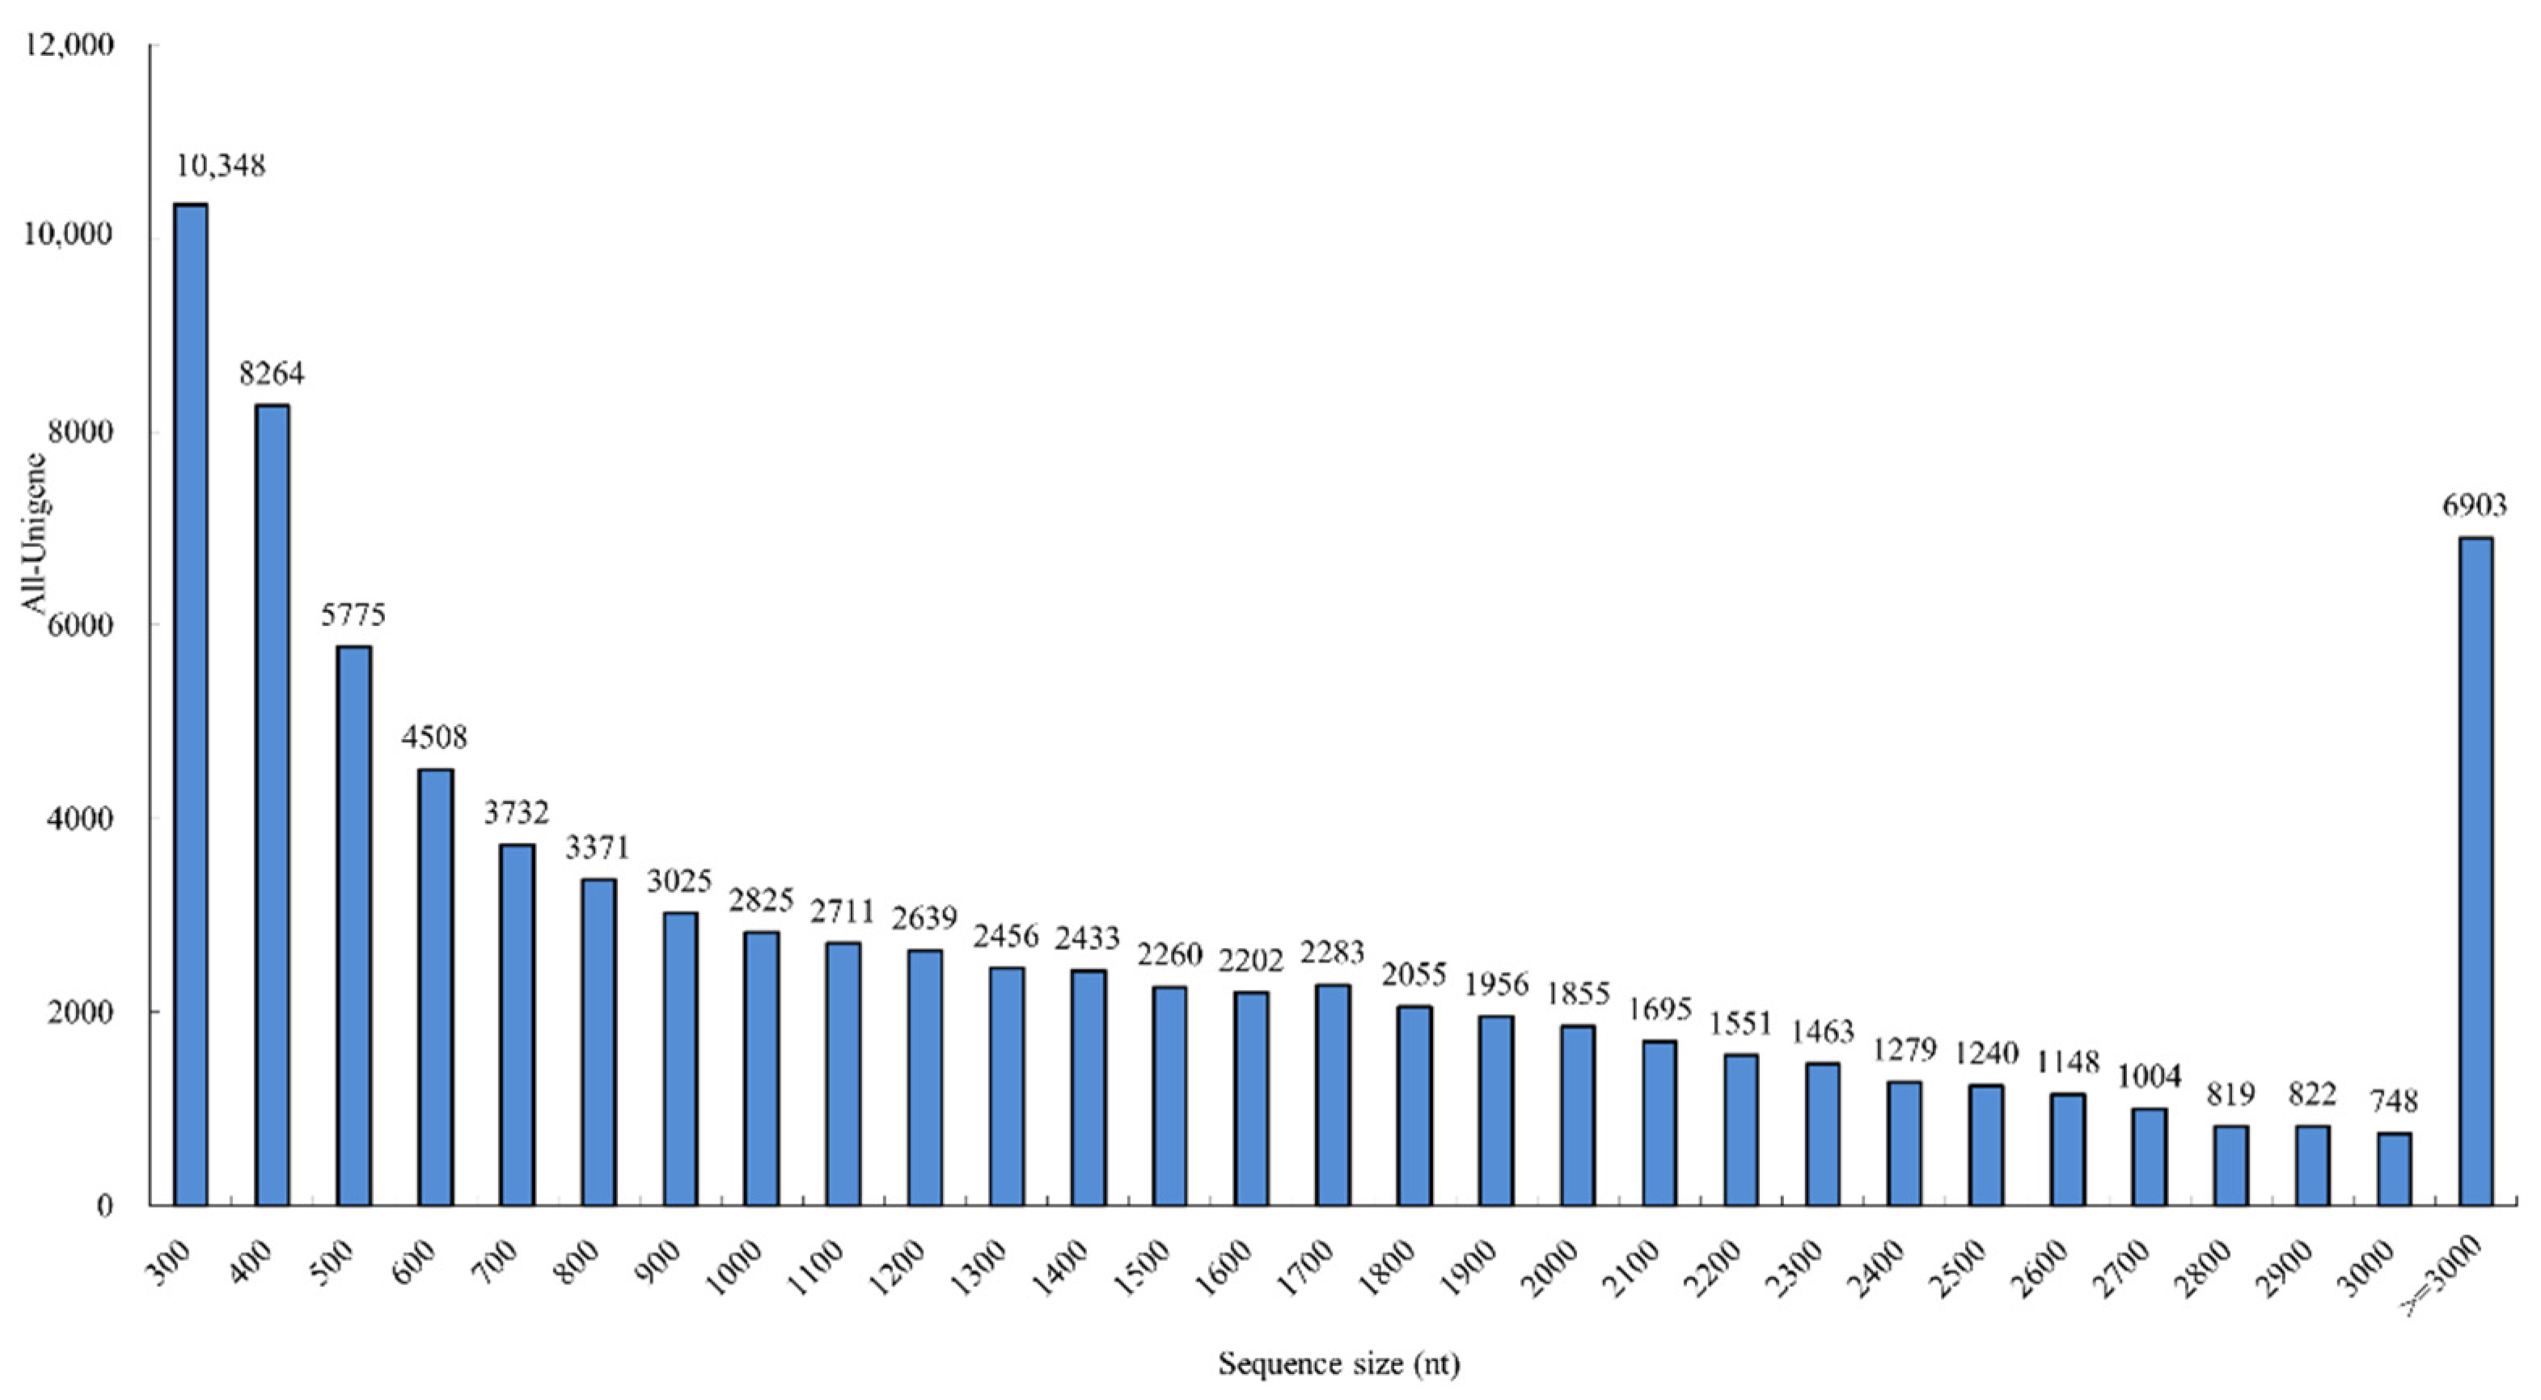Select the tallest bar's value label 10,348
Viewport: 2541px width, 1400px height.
tap(221, 166)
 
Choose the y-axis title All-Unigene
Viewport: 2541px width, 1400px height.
tap(36, 533)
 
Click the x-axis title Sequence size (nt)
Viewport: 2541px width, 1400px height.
tap(1338, 1364)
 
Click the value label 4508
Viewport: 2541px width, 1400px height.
tap(434, 737)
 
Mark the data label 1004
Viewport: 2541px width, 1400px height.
tap(2150, 1076)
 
